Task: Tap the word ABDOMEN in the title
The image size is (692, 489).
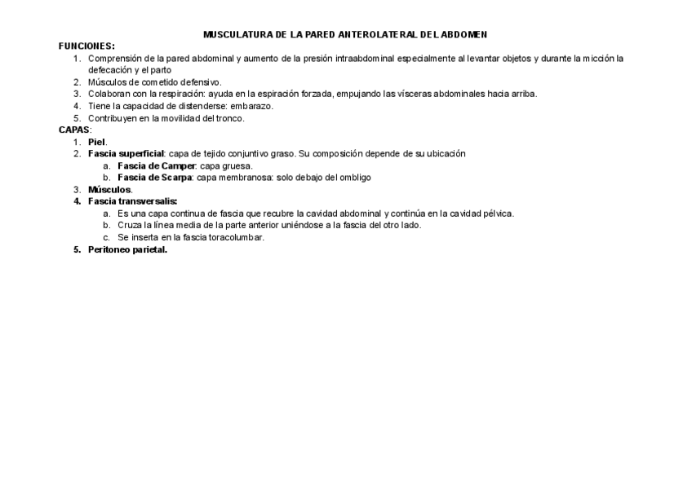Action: tap(463, 35)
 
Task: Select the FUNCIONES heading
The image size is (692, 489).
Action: tap(86, 46)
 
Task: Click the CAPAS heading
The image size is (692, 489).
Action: tap(74, 130)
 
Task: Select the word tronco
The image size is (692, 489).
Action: tap(229, 118)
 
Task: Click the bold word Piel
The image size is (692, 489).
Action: tap(97, 142)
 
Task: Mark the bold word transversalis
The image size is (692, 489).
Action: tap(146, 201)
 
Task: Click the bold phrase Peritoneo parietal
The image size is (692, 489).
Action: tap(127, 249)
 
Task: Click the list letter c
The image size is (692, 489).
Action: tap(106, 237)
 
